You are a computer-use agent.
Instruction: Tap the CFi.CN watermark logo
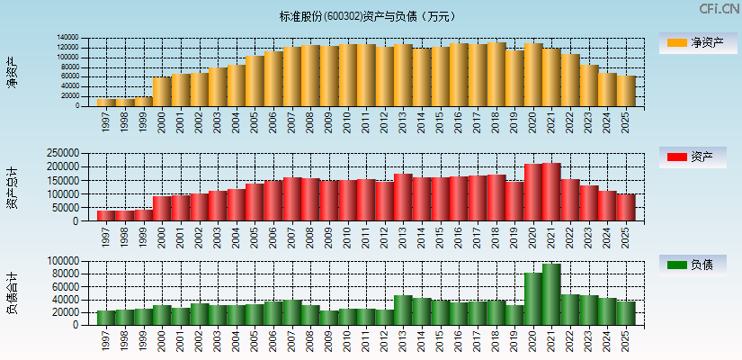pyautogui.click(x=720, y=9)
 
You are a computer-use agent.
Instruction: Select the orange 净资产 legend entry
pyautogui.click(x=695, y=42)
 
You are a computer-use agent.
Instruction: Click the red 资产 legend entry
pyautogui.click(x=695, y=157)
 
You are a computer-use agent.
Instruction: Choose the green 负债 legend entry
pyautogui.click(x=695, y=265)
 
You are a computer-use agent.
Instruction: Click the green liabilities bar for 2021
pyautogui.click(x=551, y=295)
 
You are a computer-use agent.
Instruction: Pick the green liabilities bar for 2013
pyautogui.click(x=403, y=310)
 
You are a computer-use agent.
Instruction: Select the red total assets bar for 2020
pyautogui.click(x=533, y=193)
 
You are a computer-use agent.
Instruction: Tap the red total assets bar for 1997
pyautogui.click(x=106, y=216)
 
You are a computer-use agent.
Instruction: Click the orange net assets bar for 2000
pyautogui.click(x=162, y=92)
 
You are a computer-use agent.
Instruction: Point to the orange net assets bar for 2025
pyautogui.click(x=626, y=91)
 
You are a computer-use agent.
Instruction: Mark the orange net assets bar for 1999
pyautogui.click(x=143, y=102)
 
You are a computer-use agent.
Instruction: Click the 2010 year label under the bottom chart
pyautogui.click(x=347, y=339)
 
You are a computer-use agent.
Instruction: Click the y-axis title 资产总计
pyautogui.click(x=13, y=187)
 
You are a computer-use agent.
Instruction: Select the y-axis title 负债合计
pyautogui.click(x=13, y=292)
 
